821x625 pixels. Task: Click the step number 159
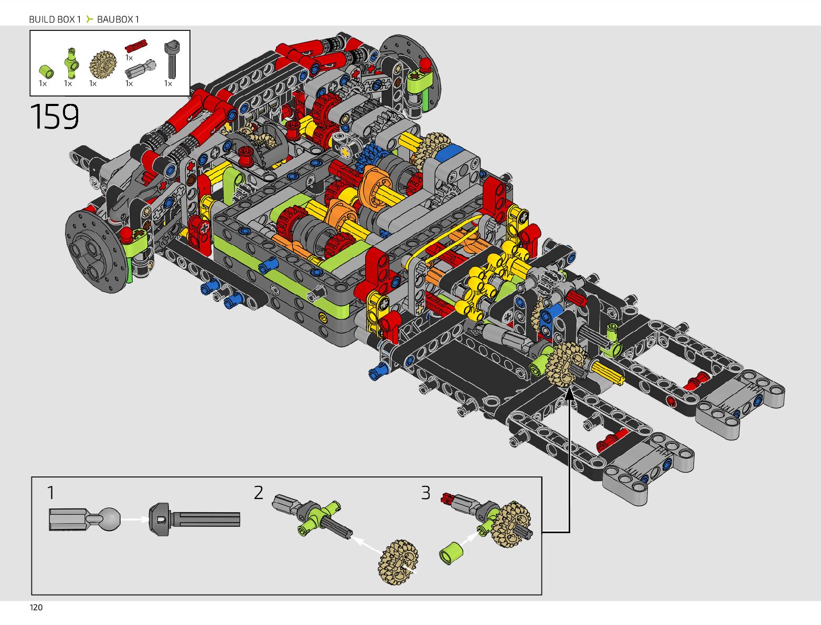click(54, 116)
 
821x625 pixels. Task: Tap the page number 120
click(36, 608)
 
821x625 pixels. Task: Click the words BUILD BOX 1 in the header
click(55, 19)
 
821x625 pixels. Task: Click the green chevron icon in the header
click(89, 19)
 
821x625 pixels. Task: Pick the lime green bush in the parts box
click(46, 71)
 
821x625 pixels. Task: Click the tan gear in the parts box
click(103, 65)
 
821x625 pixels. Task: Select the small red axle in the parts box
click(136, 46)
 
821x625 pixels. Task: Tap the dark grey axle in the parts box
click(172, 59)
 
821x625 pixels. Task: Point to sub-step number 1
click(51, 493)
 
